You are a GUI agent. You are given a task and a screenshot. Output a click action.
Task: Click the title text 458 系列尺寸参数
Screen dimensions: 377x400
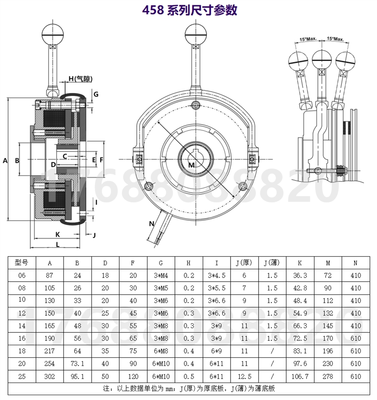(190, 10)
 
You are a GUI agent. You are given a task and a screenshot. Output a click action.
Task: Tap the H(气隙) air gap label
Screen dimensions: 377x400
(81, 79)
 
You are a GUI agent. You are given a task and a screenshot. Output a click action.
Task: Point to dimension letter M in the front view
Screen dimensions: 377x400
(192, 165)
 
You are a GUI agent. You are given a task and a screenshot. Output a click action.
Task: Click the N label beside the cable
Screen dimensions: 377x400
(152, 224)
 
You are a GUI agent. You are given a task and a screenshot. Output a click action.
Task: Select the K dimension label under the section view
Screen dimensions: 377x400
(57, 235)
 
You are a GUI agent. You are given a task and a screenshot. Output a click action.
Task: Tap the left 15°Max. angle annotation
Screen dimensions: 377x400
(308, 39)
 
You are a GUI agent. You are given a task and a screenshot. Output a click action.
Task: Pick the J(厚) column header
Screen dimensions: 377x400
(244, 262)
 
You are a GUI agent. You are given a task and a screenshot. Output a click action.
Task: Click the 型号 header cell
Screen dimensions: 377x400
(21, 262)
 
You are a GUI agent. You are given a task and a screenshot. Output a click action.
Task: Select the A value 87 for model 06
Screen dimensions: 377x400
(50, 275)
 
